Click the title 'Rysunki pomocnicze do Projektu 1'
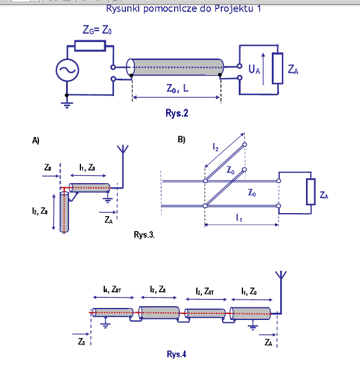184,8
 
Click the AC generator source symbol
67,71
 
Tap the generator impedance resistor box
90,45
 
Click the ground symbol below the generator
67,104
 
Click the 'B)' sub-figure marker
182,140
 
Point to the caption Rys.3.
144,234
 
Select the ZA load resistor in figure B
310,193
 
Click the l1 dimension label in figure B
240,217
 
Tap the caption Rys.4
176,354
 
